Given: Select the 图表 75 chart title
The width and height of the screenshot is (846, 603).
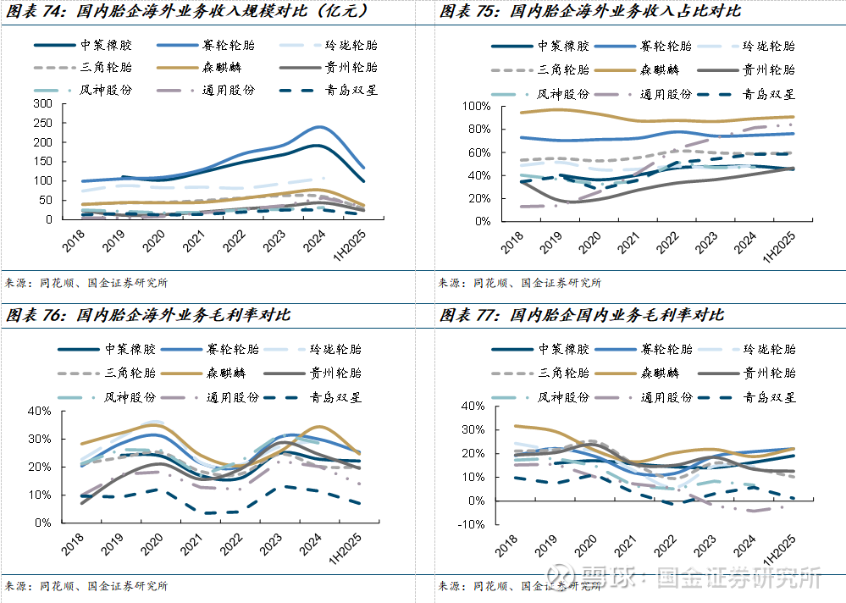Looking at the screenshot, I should pyautogui.click(x=589, y=11).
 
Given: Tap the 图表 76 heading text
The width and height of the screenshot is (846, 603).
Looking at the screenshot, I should pyautogui.click(x=148, y=315).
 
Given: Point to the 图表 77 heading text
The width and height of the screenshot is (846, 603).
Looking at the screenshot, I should pyautogui.click(x=582, y=315).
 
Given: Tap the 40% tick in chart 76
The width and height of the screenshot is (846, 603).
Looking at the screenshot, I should pyautogui.click(x=41, y=411).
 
